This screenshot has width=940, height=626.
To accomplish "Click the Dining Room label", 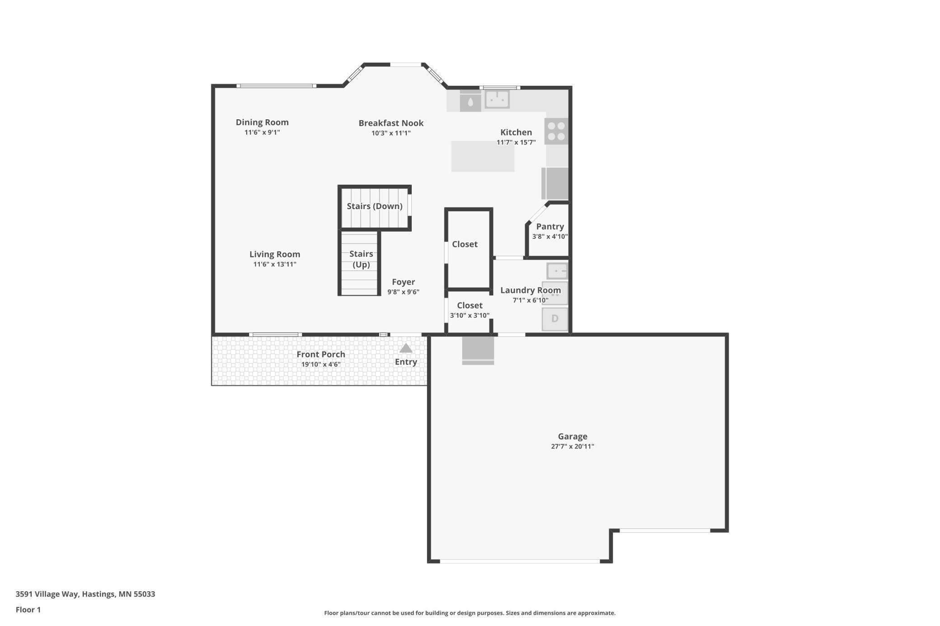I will click(262, 122).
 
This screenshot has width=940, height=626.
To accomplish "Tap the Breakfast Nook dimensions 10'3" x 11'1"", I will click(391, 133).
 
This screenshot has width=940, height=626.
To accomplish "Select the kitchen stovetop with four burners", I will click(556, 131).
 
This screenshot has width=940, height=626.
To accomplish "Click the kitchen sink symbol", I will click(497, 99).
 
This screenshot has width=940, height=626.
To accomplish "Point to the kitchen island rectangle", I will click(483, 156).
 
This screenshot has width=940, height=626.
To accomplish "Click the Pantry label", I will click(550, 227).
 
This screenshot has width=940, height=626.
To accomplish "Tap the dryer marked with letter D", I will click(555, 319).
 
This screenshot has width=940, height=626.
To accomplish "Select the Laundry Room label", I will click(530, 290).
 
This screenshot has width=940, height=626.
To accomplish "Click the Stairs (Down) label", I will click(375, 206).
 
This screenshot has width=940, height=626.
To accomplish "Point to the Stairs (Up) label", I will click(361, 259).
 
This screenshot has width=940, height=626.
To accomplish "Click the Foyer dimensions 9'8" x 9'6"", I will click(403, 292).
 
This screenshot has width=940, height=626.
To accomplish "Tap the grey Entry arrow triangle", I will click(406, 348).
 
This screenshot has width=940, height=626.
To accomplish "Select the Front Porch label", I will click(321, 355).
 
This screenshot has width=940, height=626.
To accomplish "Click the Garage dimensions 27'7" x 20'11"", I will click(572, 447).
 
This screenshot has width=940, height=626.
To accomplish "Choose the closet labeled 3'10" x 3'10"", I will click(470, 310).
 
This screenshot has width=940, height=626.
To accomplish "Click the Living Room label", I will click(275, 254).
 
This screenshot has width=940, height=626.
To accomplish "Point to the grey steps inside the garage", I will click(478, 351).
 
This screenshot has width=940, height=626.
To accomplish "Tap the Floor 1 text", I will click(28, 610).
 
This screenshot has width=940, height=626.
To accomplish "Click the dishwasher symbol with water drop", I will click(470, 101).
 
